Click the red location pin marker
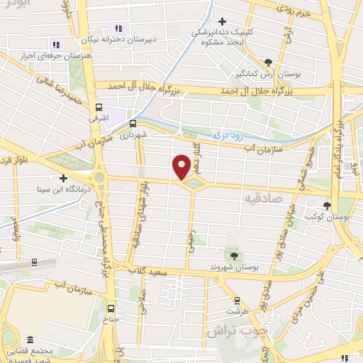[182, 167]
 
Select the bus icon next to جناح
[110, 308]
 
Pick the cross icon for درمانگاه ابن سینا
[63, 178]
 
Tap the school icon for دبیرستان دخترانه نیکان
[118, 29]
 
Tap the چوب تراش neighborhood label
[230, 330]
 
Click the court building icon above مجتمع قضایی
[29, 341]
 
